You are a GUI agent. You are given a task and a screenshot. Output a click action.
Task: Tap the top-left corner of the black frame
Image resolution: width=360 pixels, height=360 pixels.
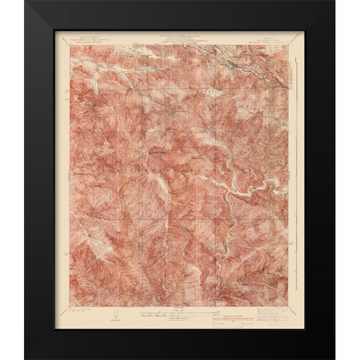[25, 1]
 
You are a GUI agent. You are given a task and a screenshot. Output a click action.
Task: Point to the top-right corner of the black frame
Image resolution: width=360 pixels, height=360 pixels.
[334, 1]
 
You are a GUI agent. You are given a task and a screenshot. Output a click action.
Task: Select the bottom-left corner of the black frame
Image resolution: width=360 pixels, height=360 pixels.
[25, 358]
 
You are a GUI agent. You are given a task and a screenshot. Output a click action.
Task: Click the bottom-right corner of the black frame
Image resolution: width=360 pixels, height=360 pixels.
[334, 358]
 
